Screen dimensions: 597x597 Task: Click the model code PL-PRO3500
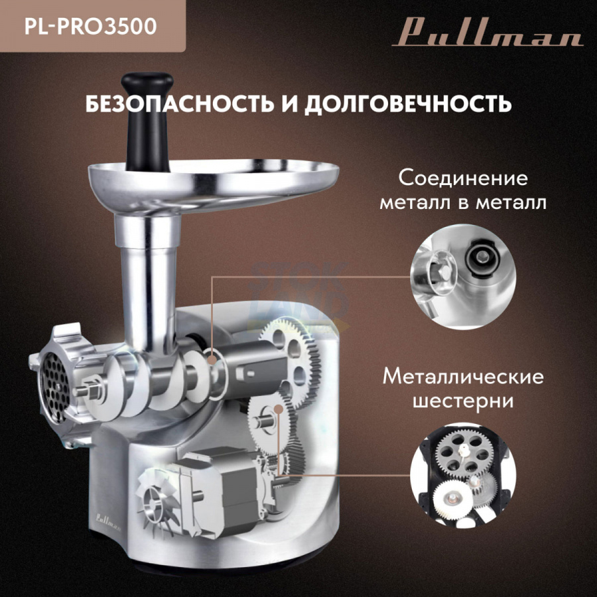tap(91, 27)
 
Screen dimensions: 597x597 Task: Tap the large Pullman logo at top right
tap(488, 34)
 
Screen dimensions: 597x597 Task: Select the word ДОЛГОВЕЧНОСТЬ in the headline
tap(408, 103)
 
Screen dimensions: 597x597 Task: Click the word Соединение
tap(464, 178)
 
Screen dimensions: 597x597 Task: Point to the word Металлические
tap(464, 376)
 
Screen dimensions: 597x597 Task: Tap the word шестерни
tap(464, 401)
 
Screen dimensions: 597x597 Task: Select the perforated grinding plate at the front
tap(55, 388)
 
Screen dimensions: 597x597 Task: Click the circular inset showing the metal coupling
tap(463, 277)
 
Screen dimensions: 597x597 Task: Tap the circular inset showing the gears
tap(463, 475)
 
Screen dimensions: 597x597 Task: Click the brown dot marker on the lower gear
tap(279, 409)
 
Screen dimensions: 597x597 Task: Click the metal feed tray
tap(214, 184)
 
